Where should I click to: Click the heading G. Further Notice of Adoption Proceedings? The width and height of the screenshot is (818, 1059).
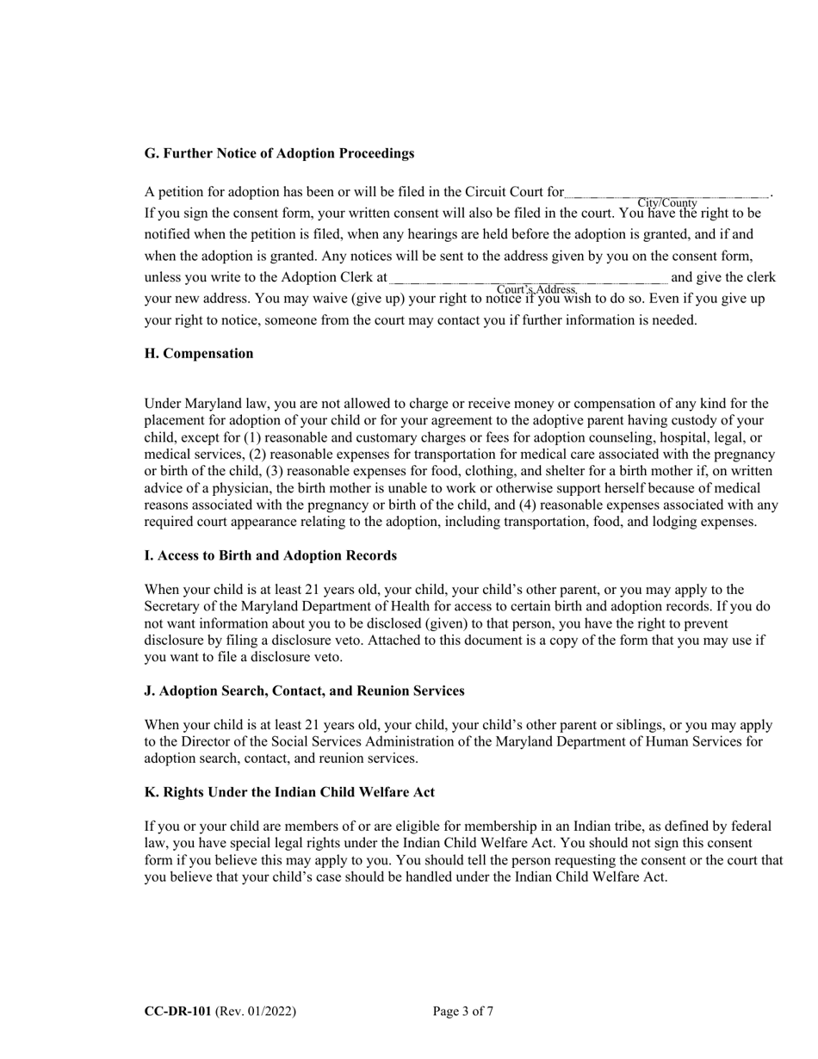click(279, 153)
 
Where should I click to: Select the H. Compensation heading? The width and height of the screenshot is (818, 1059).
click(199, 353)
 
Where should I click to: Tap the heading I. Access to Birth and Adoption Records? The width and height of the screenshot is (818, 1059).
click(270, 555)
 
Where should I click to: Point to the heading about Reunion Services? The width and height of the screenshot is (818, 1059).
click(304, 691)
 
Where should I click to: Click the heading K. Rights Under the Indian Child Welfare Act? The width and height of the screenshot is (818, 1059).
click(289, 792)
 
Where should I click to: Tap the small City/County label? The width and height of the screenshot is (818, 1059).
click(667, 202)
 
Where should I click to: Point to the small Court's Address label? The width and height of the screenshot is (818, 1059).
click(536, 288)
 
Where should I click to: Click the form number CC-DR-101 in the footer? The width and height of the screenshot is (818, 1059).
click(177, 1012)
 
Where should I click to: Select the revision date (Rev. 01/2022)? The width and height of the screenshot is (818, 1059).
click(256, 1012)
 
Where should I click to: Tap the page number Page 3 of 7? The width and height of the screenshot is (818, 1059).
click(463, 1012)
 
